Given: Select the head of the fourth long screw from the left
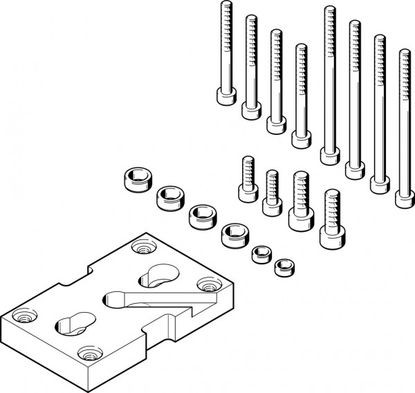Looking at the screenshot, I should tap(302, 138).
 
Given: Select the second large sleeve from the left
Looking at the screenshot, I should tap(168, 198).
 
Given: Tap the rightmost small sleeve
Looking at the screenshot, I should tap(284, 266).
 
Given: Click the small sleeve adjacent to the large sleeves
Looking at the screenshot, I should tap(261, 254).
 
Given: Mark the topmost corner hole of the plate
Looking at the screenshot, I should tap(143, 246).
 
